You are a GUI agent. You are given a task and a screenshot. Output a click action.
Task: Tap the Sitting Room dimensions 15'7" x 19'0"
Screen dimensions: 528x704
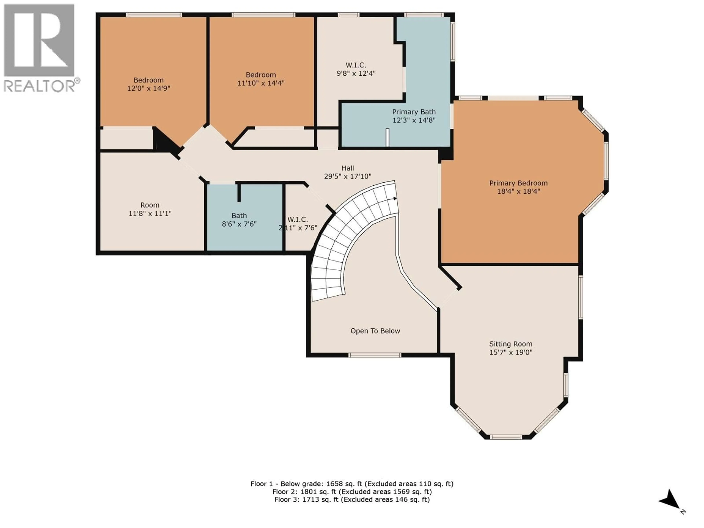(x=511, y=352)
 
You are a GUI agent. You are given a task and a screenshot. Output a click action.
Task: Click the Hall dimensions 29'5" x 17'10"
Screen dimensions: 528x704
(x=348, y=176)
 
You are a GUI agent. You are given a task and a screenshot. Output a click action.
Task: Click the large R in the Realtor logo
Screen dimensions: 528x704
(x=39, y=40)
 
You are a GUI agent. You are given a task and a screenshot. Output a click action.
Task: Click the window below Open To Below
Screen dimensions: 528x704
(x=374, y=355)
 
